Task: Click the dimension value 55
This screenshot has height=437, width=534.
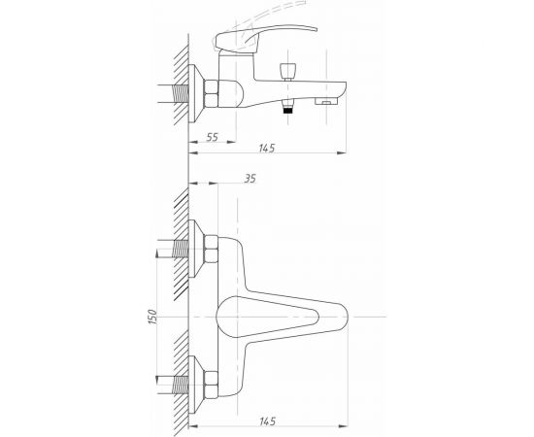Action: pyautogui.click(x=213, y=137)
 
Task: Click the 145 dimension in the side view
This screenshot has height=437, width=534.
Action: pyautogui.click(x=267, y=149)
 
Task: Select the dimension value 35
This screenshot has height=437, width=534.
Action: pyautogui.click(x=250, y=179)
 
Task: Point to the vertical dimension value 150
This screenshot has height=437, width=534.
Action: pyautogui.click(x=152, y=317)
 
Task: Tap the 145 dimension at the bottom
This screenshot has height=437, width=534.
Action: pyautogui.click(x=267, y=421)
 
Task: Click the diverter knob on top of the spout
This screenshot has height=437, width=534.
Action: pyautogui.click(x=288, y=71)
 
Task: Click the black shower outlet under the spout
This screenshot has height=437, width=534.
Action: pyautogui.click(x=288, y=110)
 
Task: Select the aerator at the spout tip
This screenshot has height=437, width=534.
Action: pyautogui.click(x=326, y=101)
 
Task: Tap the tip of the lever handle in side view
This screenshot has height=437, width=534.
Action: pyautogui.click(x=317, y=30)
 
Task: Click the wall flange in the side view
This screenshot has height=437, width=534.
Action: pyautogui.click(x=196, y=93)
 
